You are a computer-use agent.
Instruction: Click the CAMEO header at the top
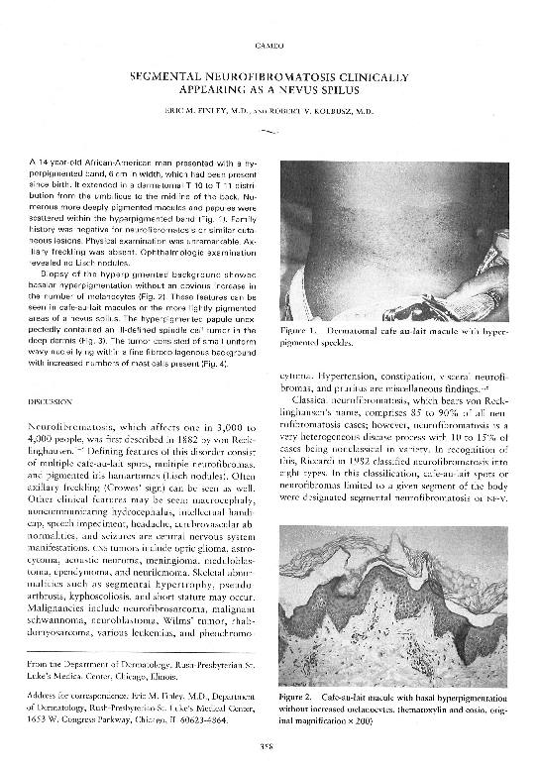pyautogui.click(x=269, y=46)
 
